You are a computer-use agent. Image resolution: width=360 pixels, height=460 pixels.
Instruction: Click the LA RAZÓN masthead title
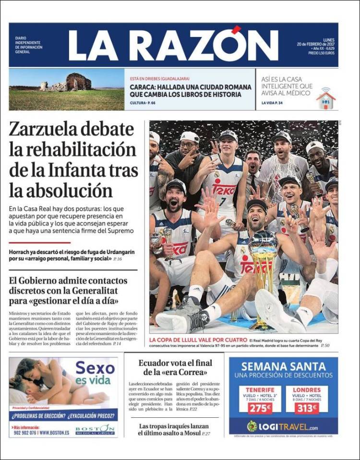point(173,45)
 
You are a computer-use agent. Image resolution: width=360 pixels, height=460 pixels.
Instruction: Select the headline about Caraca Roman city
point(191,90)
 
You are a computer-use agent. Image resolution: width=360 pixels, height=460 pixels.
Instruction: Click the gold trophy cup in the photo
point(263,269)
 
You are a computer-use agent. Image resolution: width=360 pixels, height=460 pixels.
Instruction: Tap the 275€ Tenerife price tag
point(260,408)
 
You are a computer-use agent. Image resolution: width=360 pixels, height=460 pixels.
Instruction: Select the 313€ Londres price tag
point(306,408)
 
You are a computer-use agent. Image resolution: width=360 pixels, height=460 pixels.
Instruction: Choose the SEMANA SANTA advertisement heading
point(283,367)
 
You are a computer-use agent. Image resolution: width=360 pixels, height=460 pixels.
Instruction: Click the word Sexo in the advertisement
point(95,369)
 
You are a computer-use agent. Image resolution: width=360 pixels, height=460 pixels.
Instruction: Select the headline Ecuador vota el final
point(175,363)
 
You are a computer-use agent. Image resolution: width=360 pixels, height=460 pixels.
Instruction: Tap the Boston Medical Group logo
point(95,430)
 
